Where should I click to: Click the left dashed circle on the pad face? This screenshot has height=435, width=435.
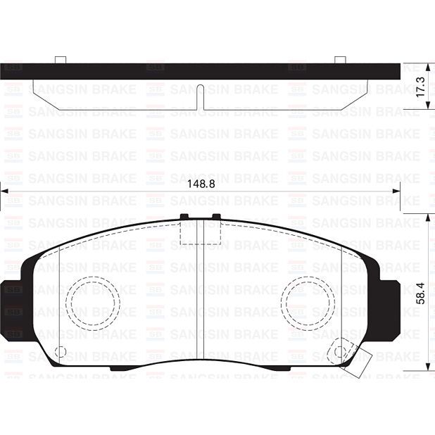pos(94,301)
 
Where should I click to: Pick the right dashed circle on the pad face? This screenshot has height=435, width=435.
pos(308,301)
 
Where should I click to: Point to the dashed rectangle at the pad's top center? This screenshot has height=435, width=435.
pos(201,232)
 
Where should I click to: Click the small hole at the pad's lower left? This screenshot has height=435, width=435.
pos(61,351)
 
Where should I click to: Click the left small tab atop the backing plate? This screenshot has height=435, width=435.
pos(61,60)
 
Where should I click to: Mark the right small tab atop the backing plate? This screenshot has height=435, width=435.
pos(340,60)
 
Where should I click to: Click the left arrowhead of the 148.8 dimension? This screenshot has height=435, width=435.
pos(4,191)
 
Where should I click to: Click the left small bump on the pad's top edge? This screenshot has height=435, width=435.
pos(184,217)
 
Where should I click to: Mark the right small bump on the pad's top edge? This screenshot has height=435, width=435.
pos(216,217)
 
